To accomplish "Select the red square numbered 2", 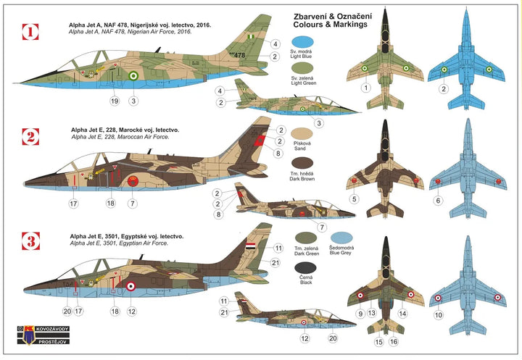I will click(29, 135).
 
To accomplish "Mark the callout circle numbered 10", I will click(437, 315).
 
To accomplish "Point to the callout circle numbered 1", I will click(367, 88).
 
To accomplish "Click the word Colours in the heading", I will click(323, 25).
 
